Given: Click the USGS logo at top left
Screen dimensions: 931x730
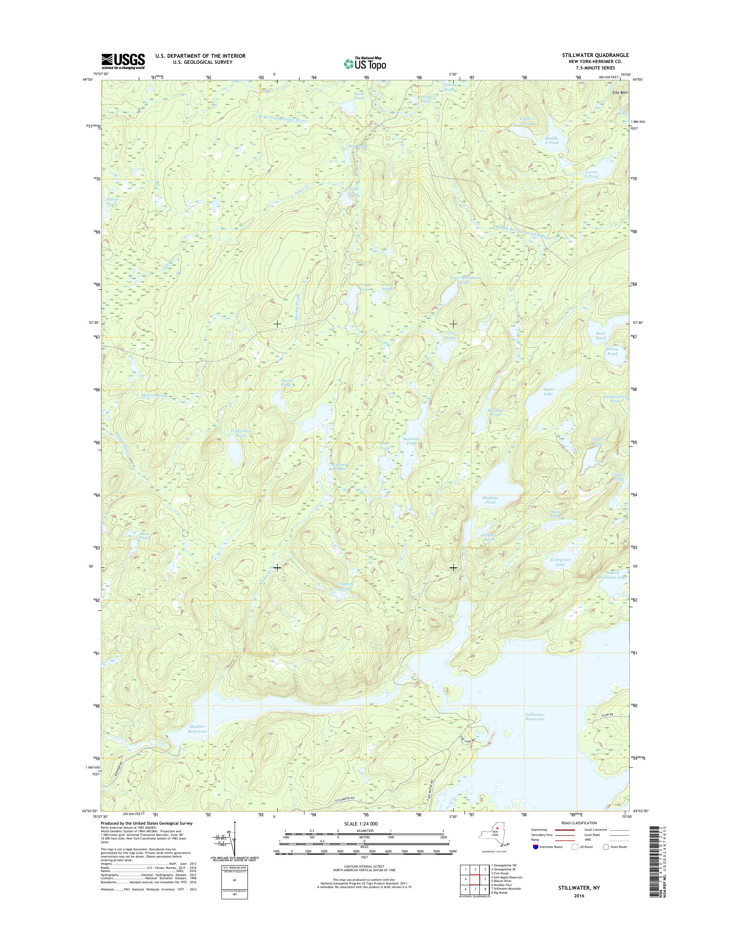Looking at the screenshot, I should (x=123, y=61).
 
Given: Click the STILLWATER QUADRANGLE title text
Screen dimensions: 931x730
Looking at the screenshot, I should (x=598, y=55).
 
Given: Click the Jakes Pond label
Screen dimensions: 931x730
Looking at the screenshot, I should (x=112, y=201).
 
